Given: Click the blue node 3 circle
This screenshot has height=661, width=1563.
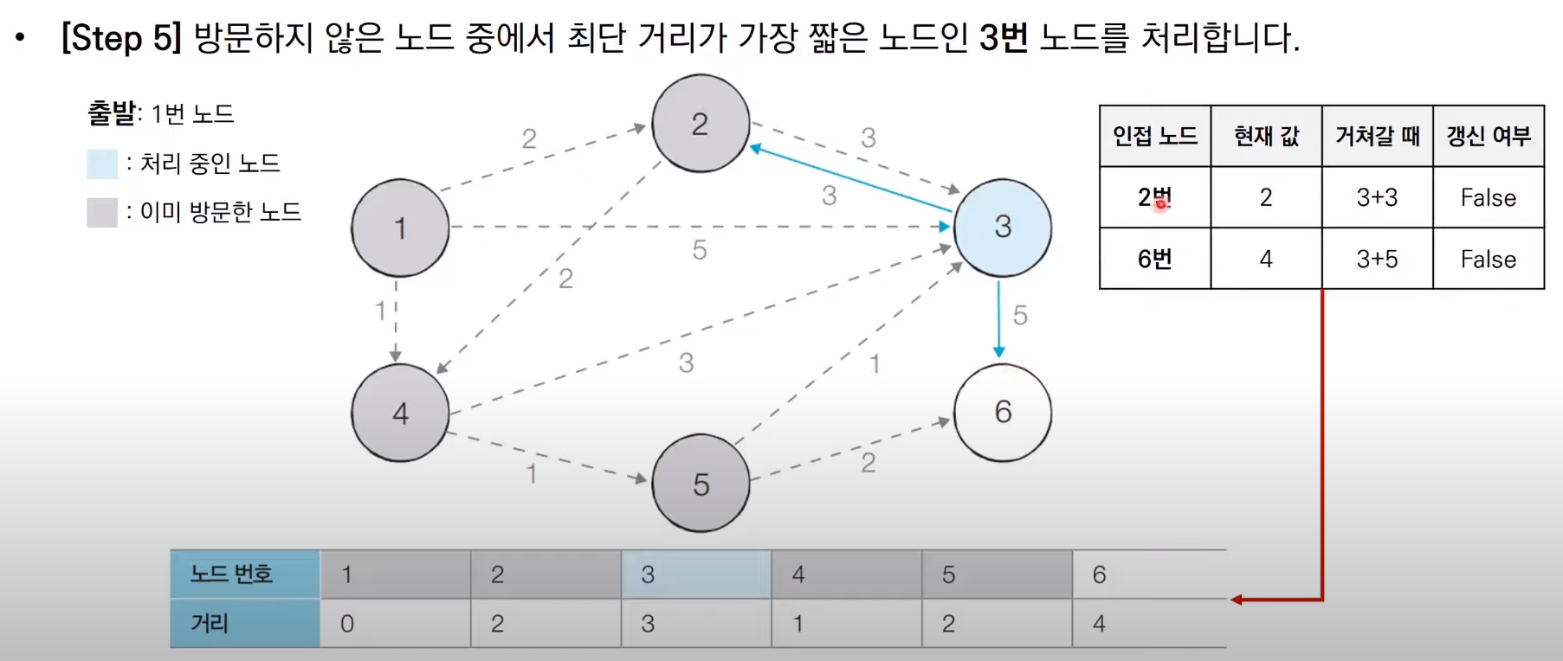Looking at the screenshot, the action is tap(1003, 228).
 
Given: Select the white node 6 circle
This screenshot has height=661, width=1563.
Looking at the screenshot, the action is tap(1003, 413).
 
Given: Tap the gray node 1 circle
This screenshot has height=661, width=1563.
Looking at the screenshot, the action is tap(400, 228).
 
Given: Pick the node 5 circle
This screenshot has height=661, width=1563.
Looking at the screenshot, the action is tap(701, 484).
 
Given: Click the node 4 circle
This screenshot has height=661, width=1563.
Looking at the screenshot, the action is tap(400, 413).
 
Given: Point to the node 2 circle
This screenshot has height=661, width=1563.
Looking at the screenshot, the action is tap(701, 124).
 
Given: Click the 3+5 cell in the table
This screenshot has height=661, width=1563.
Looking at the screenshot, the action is tap(1377, 259).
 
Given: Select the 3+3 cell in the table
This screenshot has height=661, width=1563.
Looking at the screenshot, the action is tap(1377, 197).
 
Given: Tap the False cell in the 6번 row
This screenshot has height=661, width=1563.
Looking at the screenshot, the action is tap(1489, 259).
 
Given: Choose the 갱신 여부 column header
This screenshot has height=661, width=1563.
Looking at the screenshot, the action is tap(1489, 136).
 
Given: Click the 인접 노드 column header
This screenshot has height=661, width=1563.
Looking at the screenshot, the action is tap(1155, 136).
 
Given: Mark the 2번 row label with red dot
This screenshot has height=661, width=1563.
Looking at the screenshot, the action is tap(1155, 197).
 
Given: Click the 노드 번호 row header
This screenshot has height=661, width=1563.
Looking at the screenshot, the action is tap(232, 574).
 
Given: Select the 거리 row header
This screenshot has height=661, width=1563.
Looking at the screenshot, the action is tap(210, 623).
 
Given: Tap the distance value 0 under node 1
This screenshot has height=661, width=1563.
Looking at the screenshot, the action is tap(347, 624).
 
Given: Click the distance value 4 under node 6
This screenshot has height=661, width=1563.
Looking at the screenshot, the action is tap(1099, 624).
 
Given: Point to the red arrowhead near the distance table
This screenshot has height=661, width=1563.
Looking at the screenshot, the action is tap(1237, 599).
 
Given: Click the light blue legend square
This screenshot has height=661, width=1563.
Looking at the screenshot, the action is tap(102, 164).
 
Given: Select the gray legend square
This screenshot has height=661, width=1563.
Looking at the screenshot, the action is tap(102, 212).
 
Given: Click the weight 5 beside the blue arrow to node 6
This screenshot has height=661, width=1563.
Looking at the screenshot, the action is tap(1020, 315).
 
